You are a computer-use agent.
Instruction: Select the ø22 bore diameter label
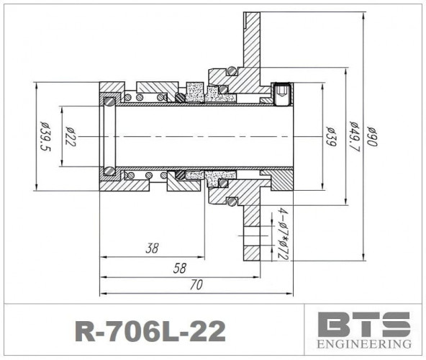(x=70, y=136)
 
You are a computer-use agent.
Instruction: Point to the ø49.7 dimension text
(x=353, y=136)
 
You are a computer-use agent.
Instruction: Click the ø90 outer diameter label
(x=373, y=136)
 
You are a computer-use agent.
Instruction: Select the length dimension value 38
(x=152, y=248)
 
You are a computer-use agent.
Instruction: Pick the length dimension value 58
(x=179, y=268)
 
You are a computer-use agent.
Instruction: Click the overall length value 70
(x=196, y=285)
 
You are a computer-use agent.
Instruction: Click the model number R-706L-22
(x=150, y=330)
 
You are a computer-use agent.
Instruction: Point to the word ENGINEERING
(x=364, y=345)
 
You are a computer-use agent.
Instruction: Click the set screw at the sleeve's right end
(x=282, y=93)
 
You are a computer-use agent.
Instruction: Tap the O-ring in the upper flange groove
(x=231, y=71)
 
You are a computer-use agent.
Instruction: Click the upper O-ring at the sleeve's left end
(x=109, y=100)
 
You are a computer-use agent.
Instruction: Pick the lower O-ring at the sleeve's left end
(x=109, y=171)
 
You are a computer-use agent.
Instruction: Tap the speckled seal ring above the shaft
(x=195, y=91)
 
